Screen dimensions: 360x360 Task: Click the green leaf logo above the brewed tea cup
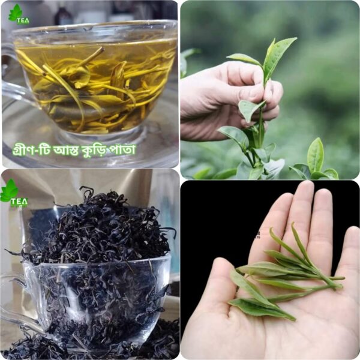(16, 13)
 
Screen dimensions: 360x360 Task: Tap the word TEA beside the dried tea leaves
(19, 202)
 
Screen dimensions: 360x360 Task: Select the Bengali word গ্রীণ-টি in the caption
(31, 150)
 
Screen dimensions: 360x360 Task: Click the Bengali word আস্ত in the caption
(65, 150)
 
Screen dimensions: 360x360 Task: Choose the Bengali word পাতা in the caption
(122, 149)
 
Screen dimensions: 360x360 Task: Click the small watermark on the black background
(259, 234)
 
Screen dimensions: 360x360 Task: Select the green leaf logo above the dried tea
(9, 191)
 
